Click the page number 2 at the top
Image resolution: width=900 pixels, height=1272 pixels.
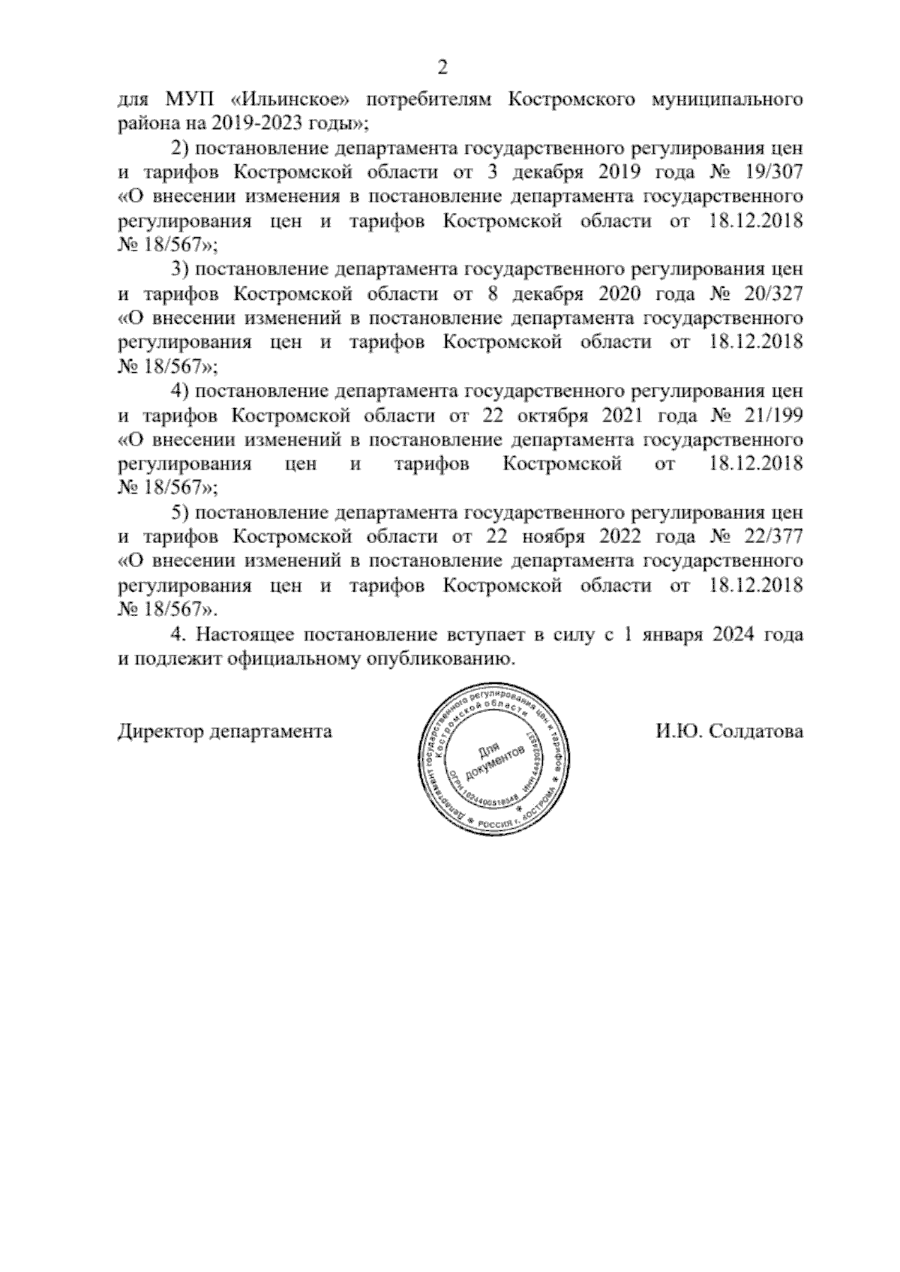[x=442, y=68]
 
